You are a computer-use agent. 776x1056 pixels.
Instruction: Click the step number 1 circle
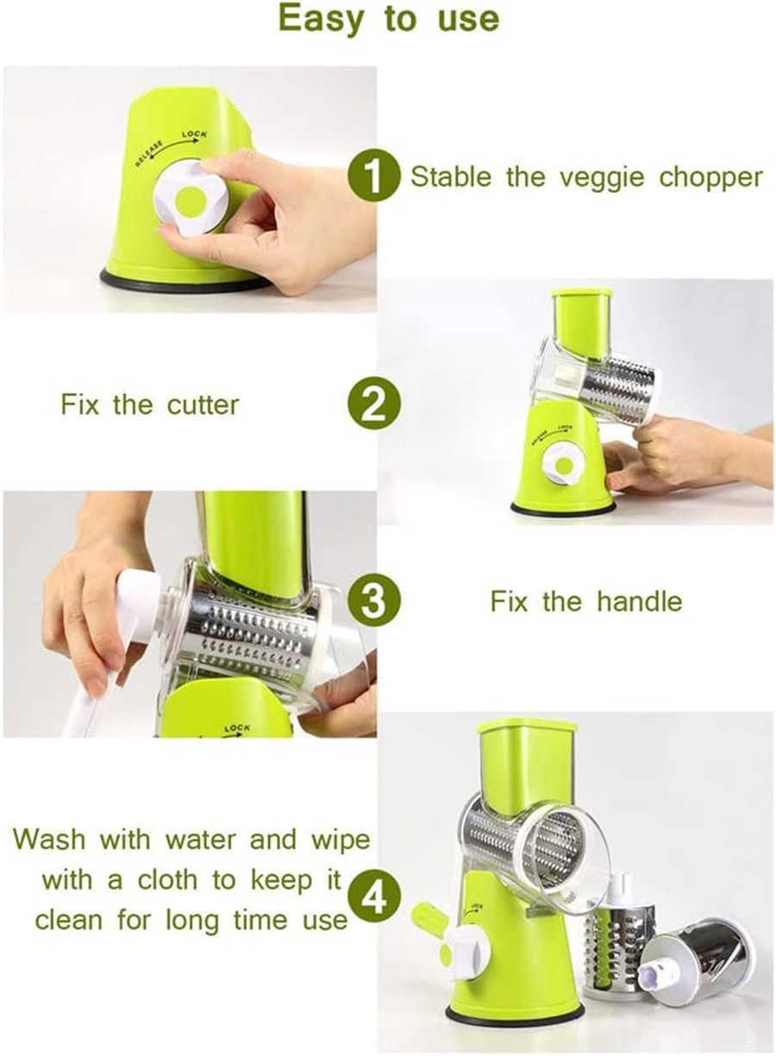coord(374,177)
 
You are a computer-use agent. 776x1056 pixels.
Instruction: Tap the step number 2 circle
coord(374,403)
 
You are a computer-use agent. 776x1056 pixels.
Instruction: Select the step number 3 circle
coord(374,601)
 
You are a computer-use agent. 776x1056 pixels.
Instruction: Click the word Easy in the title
coord(322,20)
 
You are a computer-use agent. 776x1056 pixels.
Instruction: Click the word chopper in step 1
coord(710,178)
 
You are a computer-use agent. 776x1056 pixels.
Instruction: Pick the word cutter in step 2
coord(203,404)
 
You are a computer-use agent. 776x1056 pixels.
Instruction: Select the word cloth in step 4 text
coord(167,879)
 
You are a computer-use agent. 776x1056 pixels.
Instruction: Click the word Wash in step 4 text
coord(49,840)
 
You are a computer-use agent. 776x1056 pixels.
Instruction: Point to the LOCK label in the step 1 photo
coord(194,134)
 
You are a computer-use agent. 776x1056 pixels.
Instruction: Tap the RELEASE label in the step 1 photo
coord(149,153)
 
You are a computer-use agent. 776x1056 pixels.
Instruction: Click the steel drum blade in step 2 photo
coord(618,390)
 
